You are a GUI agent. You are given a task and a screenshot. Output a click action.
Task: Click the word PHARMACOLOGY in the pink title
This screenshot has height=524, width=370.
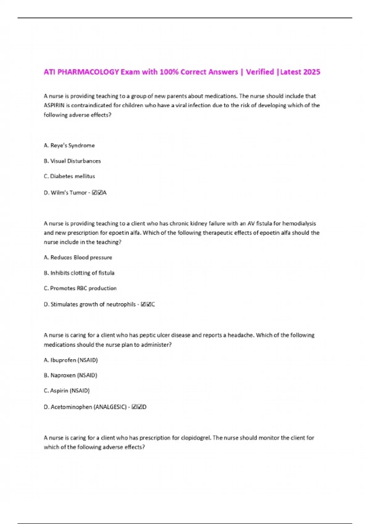(x=88, y=72)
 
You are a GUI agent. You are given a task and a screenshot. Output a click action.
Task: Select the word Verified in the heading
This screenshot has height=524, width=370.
(x=260, y=72)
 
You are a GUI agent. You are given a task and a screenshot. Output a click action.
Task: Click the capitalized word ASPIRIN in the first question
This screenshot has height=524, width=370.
(x=54, y=105)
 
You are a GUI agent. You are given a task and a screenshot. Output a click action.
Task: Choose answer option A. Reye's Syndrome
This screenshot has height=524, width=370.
(x=69, y=145)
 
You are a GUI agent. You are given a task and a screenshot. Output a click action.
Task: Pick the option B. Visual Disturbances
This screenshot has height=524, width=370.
(x=72, y=161)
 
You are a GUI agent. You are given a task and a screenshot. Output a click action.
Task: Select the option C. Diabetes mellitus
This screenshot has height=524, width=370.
(x=69, y=176)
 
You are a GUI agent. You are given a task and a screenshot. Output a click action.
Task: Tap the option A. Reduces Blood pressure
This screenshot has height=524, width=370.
(x=78, y=257)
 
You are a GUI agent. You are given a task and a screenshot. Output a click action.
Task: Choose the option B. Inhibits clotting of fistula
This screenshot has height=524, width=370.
(x=79, y=273)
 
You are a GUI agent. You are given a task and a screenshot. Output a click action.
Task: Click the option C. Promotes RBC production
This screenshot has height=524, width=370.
(x=80, y=288)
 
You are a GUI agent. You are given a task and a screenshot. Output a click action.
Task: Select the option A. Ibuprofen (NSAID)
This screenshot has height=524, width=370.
(x=71, y=360)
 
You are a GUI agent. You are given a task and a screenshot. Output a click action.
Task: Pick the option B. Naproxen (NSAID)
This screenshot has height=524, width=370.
(x=71, y=375)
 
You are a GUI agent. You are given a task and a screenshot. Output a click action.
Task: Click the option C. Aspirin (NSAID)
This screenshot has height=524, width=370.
(x=67, y=391)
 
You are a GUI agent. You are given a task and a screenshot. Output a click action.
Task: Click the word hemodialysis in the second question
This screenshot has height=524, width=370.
(x=299, y=223)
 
